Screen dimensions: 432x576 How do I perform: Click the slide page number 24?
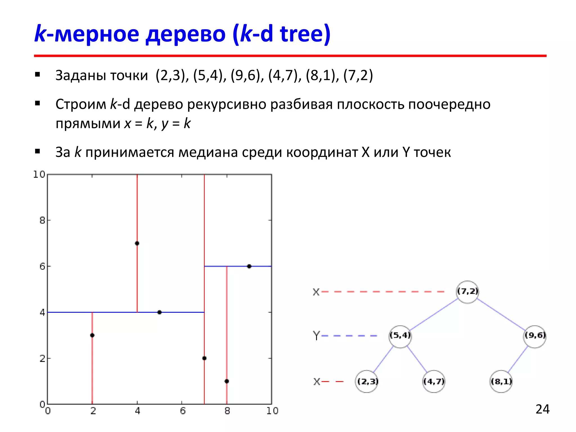542,409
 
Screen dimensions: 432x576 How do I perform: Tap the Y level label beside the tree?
316,336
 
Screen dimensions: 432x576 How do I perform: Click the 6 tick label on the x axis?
183,411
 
